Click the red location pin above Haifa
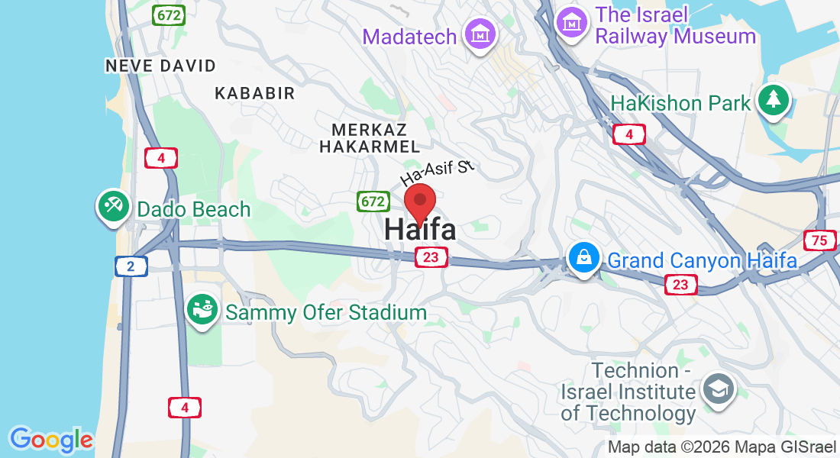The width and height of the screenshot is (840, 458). click(419, 202)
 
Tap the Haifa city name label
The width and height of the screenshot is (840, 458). click(420, 229)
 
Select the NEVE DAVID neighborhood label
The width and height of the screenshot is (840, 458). click(161, 66)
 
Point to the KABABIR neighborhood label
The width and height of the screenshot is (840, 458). click(254, 93)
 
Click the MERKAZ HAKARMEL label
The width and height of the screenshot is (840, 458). click(370, 137)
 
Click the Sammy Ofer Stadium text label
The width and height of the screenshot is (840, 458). click(325, 312)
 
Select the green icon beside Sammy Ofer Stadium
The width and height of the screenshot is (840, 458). click(202, 311)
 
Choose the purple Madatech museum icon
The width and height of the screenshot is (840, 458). click(481, 35)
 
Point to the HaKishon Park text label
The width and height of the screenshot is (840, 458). click(681, 104)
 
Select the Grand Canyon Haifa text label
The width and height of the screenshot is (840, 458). click(702, 261)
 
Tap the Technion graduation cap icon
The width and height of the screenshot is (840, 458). click(718, 390)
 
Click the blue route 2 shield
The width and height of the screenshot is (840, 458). click(131, 266)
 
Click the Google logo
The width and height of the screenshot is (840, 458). click(51, 440)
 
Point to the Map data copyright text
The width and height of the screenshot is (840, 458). click(722, 447)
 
